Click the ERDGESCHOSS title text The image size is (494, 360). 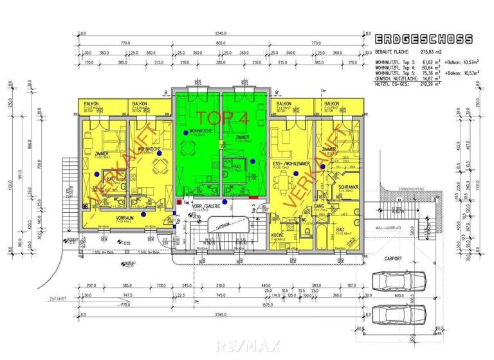click(424, 39)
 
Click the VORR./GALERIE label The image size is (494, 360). click(211, 206)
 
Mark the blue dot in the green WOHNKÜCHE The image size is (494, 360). click(186, 132)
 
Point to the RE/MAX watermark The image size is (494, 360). click(247, 346)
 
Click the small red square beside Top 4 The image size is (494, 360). click(178, 202)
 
